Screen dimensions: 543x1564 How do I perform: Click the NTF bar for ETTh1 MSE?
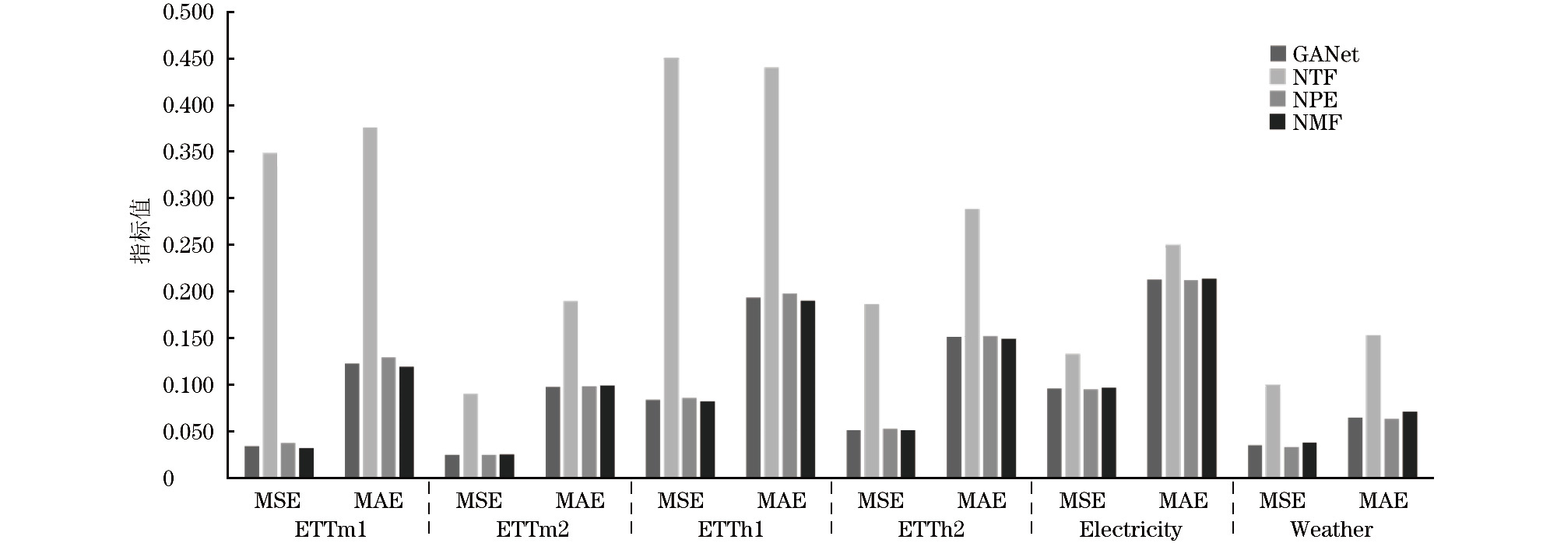pyautogui.click(x=671, y=268)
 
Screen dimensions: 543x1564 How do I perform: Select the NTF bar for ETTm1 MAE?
pyautogui.click(x=370, y=303)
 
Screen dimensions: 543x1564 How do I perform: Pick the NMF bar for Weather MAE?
pyautogui.click(x=1410, y=444)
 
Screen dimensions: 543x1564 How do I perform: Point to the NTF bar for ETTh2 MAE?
pyautogui.click(x=972, y=343)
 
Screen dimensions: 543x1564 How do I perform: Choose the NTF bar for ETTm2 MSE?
pyautogui.click(x=470, y=436)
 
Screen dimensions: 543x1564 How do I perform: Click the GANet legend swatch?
pyautogui.click(x=1278, y=54)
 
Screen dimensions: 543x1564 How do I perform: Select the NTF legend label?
pyautogui.click(x=1315, y=77)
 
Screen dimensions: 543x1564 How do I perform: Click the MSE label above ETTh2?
pyautogui.click(x=881, y=501)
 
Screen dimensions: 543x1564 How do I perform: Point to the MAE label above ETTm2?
pyautogui.click(x=580, y=501)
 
